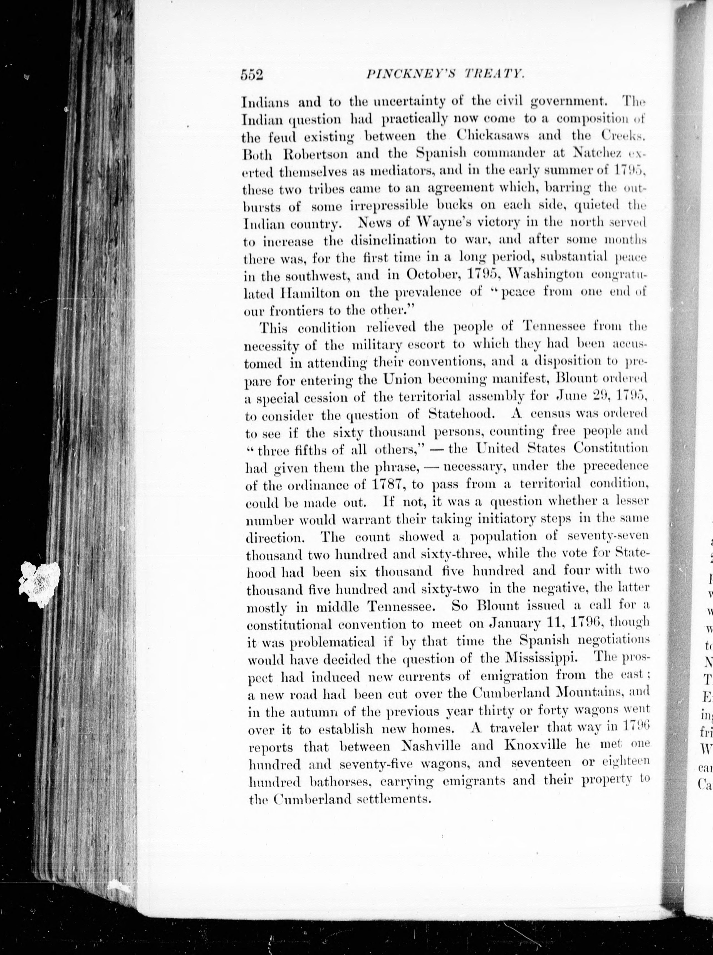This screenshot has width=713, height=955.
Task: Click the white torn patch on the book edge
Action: (x=40, y=583)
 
